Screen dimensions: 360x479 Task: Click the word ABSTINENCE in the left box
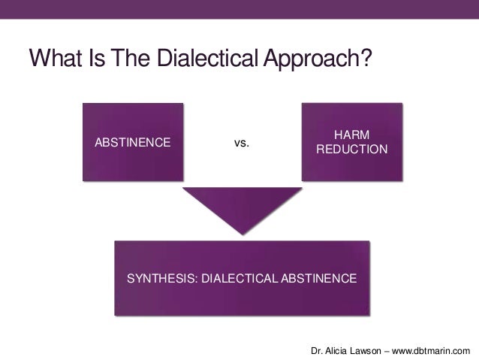(131, 142)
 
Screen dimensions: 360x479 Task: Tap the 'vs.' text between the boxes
(241, 142)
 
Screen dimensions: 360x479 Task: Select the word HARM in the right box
(351, 135)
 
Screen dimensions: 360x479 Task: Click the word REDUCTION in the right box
(351, 150)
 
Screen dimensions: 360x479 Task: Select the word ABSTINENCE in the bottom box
(319, 279)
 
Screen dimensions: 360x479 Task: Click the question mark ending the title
(366, 58)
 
